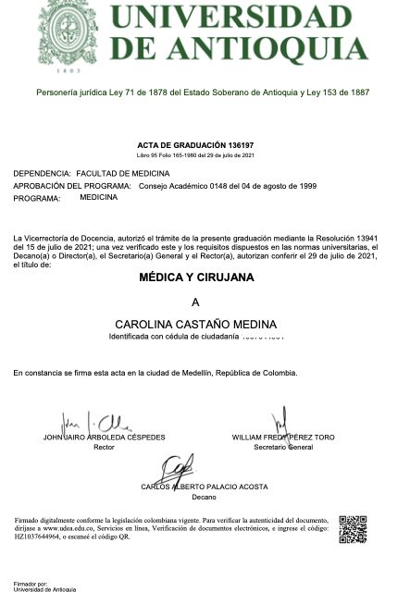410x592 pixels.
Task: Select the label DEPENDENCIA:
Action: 42,173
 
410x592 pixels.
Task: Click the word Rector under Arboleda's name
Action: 104,447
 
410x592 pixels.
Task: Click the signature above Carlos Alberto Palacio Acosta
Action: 180,467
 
